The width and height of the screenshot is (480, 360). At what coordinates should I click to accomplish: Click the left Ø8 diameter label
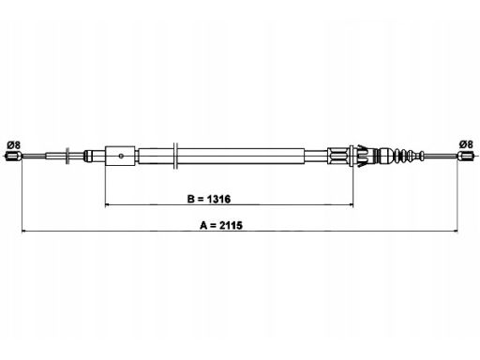coord(14,145)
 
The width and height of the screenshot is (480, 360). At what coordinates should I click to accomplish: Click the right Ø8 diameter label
coord(466,144)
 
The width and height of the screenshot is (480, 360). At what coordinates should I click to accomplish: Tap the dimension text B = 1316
coord(209,199)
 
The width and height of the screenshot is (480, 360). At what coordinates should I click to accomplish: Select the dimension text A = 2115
coord(221,225)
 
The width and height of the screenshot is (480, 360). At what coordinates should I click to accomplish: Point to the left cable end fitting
coord(14,156)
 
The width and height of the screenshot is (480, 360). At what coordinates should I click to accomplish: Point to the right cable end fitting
coord(466,156)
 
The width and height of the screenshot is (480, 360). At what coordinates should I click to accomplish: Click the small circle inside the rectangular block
coord(121,156)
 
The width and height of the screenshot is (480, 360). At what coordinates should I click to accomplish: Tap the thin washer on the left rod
coord(67,156)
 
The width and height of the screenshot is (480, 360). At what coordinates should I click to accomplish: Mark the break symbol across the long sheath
coord(175,156)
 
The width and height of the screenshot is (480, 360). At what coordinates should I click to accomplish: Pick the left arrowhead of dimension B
coord(108,205)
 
